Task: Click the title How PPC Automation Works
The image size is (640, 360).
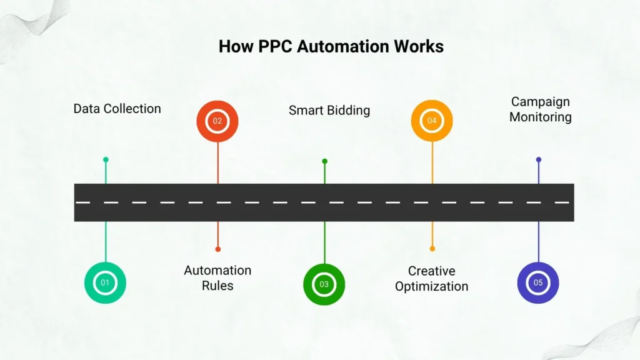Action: point(331,46)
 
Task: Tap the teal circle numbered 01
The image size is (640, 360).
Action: point(105,282)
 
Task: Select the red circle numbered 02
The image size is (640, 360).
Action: point(217,121)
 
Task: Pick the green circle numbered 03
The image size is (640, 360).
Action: point(324,284)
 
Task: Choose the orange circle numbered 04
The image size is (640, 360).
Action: point(432,121)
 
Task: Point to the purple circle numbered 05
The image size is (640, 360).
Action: point(538,282)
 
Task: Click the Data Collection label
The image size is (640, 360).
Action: point(117,108)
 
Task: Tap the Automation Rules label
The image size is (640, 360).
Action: point(217,277)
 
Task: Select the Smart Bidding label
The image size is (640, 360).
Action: point(329,110)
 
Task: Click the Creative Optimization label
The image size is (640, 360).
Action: point(432,278)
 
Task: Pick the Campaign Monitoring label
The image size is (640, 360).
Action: point(540,109)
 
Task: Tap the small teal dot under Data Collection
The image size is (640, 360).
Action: point(106,159)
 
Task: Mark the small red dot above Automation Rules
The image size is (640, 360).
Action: point(217,249)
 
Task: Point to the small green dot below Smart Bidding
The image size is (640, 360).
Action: point(324,161)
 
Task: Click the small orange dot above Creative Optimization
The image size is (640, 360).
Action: point(432,249)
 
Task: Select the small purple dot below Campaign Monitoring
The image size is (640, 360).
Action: point(538,159)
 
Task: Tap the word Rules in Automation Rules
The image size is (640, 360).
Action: point(217,286)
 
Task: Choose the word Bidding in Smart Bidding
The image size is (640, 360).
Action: point(346,110)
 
